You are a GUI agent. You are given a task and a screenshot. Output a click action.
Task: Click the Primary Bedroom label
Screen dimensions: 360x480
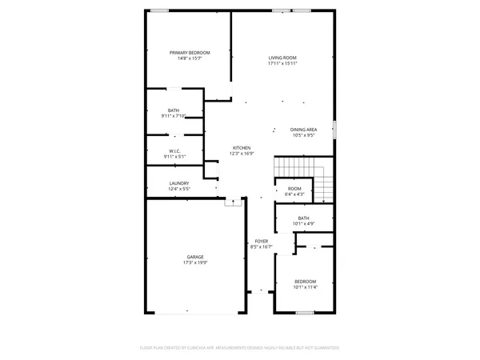[190, 53]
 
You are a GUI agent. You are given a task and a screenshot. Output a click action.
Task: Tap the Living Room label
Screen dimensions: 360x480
[282, 58]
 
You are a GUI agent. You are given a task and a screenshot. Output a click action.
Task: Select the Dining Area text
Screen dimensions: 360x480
[303, 130]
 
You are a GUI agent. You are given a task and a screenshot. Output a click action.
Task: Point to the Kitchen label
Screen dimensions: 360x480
[242, 148]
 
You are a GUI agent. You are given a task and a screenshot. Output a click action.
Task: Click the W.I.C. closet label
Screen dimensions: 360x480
[174, 151]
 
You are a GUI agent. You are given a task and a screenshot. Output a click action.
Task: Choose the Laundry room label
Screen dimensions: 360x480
[179, 183]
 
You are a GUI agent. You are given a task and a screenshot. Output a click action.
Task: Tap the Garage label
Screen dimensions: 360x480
[196, 257]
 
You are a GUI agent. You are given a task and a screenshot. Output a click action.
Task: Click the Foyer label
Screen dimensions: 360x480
[262, 241]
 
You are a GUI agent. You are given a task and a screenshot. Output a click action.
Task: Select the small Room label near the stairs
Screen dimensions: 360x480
[294, 189]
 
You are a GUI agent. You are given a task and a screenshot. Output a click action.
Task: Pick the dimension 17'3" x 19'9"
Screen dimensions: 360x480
[196, 262]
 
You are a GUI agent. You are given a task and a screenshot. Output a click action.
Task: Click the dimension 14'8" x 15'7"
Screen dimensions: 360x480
[190, 58]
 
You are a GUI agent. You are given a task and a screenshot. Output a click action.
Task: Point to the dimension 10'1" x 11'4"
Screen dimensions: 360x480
[305, 287]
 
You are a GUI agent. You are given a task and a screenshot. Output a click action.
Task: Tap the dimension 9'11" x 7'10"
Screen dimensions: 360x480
[174, 116]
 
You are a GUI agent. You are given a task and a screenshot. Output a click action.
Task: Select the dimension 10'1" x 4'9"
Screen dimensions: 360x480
[303, 223]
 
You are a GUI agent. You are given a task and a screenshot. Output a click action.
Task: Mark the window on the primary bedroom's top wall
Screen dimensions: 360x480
[160, 11]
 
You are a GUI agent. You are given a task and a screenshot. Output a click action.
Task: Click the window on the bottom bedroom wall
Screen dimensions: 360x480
[304, 313]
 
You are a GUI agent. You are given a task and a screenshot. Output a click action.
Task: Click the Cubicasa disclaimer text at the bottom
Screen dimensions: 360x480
[240, 348]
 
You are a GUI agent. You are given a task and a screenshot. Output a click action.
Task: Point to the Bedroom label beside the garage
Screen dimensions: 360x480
[305, 282]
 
